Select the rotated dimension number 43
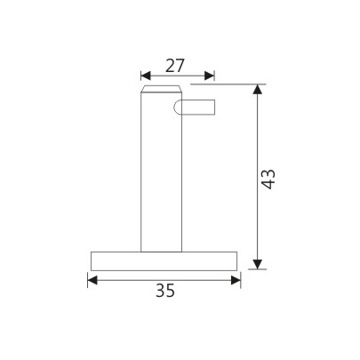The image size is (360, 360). point(270,177)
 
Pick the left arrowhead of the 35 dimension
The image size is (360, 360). point(92,280)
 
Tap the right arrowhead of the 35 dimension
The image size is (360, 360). point(236,280)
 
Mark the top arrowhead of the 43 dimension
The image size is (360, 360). point(259,90)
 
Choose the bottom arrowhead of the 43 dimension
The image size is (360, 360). point(259,263)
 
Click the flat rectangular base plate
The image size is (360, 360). point(164,260)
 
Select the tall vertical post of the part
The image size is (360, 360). point(161,178)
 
